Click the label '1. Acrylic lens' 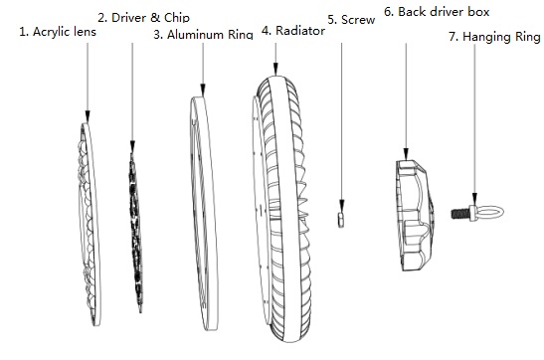point(58,32)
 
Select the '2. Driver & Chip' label point(143,17)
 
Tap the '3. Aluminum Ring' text point(203,35)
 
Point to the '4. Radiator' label point(293,31)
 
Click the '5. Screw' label point(351,20)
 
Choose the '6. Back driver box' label point(437,12)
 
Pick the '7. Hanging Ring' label point(494,37)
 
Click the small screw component point(341,219)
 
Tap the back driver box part point(415,216)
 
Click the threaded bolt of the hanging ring point(460,214)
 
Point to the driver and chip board point(136,232)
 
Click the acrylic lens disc point(90,225)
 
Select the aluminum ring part point(205,214)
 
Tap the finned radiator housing point(281,210)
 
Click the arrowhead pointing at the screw point(342,205)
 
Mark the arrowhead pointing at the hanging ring point(474,200)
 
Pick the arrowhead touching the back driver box point(406,154)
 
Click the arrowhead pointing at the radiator point(275,69)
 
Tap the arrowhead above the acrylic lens point(88,116)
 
